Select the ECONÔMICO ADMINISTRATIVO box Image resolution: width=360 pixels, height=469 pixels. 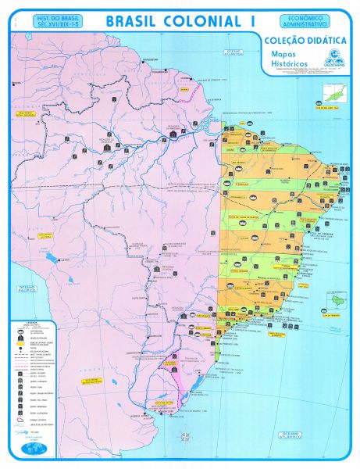[x=301, y=21]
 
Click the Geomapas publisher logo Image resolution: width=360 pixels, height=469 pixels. [x=333, y=59]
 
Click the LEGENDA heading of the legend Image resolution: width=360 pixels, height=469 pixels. [x=30, y=323]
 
